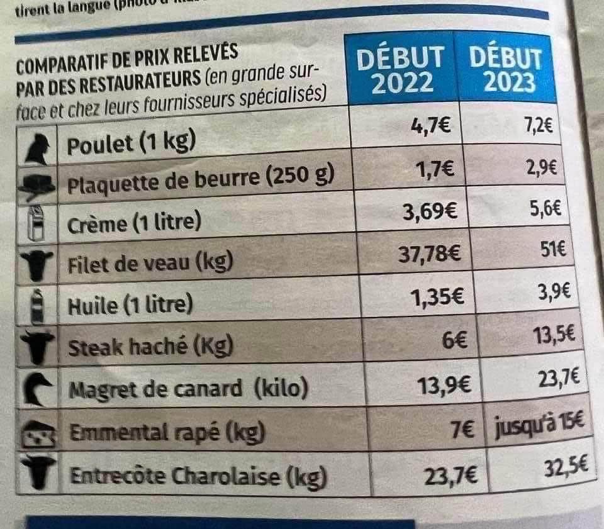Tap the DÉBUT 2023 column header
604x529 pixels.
(506, 70)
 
